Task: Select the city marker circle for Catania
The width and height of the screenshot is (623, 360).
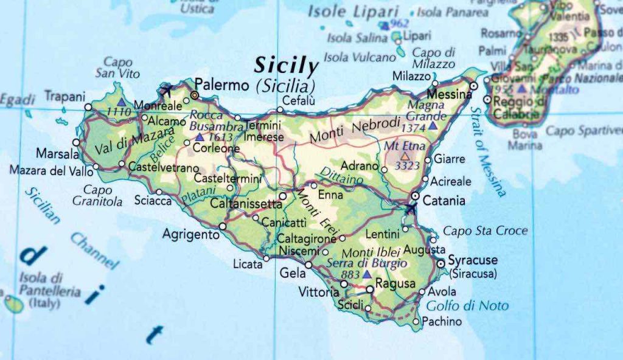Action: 414,196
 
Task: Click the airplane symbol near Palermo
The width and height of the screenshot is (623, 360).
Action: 165,92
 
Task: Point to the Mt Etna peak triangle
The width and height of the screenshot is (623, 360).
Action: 404,156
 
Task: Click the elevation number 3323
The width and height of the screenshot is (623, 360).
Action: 407,165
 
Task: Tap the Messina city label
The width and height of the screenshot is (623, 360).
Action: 449,95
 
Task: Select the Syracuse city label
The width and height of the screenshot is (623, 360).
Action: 473,260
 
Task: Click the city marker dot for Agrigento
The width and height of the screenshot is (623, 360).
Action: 223,226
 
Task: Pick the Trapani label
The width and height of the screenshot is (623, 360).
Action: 64,96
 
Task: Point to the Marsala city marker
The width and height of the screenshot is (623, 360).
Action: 76,142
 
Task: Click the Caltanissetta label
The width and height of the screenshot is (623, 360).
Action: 246,204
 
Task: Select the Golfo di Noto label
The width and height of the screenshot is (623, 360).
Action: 467,306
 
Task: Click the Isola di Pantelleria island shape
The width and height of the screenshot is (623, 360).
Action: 13,303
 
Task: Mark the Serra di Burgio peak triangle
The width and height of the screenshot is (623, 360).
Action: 366,274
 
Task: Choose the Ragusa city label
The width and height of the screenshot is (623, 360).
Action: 395,283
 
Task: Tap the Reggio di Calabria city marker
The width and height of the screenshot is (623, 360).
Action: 487,99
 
